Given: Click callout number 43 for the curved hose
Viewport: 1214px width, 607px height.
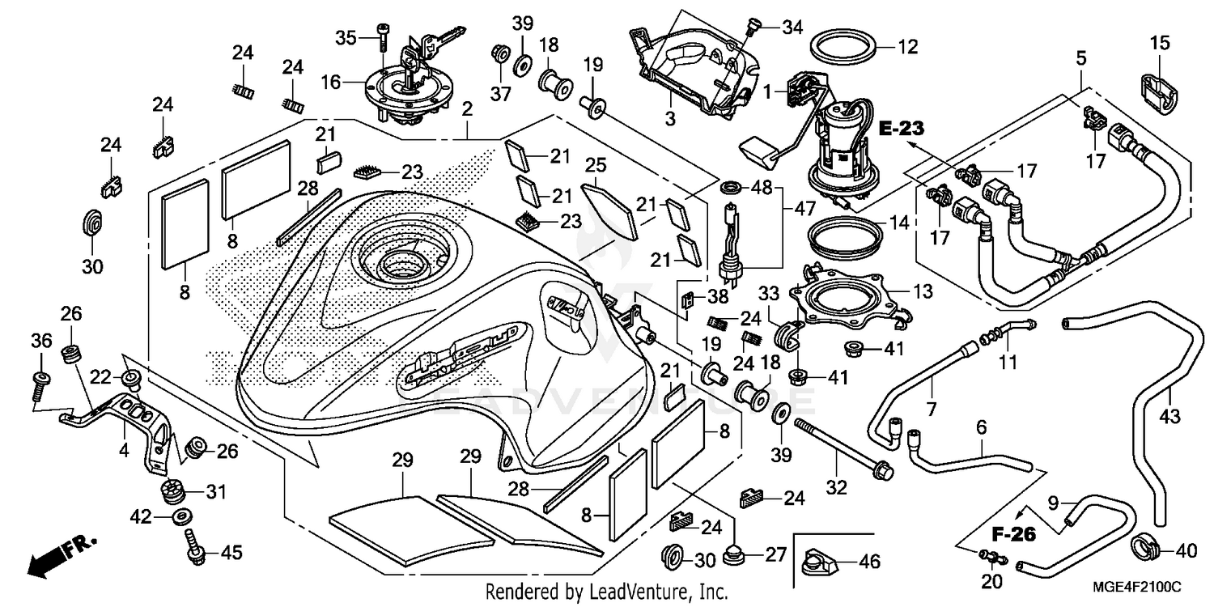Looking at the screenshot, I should pyautogui.click(x=1170, y=416).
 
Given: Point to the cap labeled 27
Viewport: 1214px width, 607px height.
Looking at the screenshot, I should pyautogui.click(x=736, y=555).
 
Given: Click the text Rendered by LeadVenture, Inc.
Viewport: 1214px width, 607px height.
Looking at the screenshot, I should pyautogui.click(x=606, y=592).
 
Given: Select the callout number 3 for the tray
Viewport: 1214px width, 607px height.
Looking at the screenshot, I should pyautogui.click(x=670, y=117).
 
